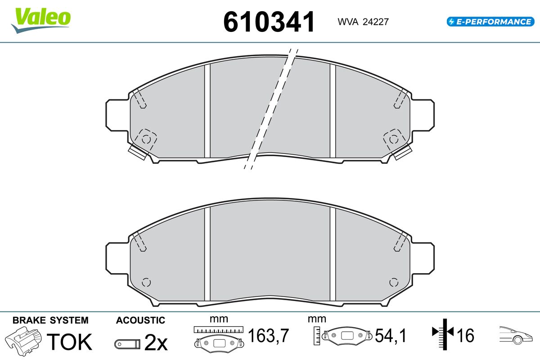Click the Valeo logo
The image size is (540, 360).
(x=41, y=21)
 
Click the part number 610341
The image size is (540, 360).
(x=269, y=22)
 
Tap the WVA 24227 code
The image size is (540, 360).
(x=363, y=22)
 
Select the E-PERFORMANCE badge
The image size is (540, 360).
(x=490, y=22)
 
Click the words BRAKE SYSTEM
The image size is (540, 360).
(x=50, y=320)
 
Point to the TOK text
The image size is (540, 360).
(x=69, y=342)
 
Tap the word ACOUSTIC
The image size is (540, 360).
(x=140, y=320)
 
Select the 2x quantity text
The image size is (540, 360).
(x=156, y=342)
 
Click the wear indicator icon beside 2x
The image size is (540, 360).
(x=127, y=344)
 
